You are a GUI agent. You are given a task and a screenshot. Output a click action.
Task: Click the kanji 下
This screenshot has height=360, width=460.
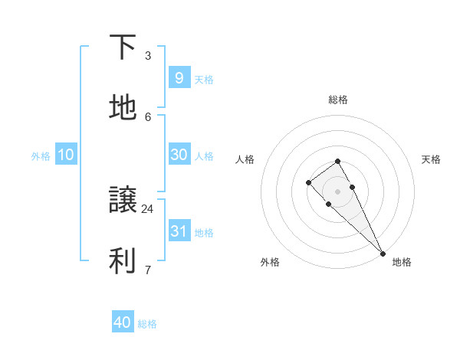coord(123,47)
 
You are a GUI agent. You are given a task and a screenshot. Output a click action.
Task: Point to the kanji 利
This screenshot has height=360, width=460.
coord(123,260)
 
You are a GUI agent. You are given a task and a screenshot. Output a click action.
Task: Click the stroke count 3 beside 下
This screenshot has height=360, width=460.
coord(148,55)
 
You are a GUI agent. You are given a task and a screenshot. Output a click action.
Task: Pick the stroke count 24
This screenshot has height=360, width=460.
coord(148,208)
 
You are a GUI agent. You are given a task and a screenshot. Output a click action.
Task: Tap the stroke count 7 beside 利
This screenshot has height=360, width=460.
coord(148,269)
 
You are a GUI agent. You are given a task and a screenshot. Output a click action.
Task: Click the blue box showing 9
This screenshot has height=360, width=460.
coord(179,77)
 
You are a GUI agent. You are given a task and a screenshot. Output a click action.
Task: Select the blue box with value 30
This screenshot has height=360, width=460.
coord(179,155)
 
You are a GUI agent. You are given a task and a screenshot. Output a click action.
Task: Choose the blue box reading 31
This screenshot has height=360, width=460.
coord(179,231)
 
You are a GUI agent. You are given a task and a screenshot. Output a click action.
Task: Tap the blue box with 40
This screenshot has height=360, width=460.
coord(123,322)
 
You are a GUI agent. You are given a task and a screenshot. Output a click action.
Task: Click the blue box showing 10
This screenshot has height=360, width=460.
coord(66,155)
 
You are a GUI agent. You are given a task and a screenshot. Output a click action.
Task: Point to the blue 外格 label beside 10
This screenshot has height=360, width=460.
coord(41,156)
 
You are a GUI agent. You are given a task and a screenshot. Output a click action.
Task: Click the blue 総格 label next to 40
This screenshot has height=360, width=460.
coord(147,324)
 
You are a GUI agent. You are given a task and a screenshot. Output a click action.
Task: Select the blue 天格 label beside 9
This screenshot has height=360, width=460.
coord(204,79)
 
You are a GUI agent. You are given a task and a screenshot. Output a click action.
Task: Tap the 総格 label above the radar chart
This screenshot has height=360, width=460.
coord(338,100)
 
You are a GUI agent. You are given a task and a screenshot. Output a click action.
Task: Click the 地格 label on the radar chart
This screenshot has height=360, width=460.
coord(402,262)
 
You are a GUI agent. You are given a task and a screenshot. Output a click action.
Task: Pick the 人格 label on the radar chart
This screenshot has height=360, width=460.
coord(245,159)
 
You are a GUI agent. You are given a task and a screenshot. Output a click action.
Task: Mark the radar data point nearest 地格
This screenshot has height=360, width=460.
coord(383,253)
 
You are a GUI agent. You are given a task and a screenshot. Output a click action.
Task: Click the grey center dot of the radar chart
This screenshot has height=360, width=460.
coord(338,191)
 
